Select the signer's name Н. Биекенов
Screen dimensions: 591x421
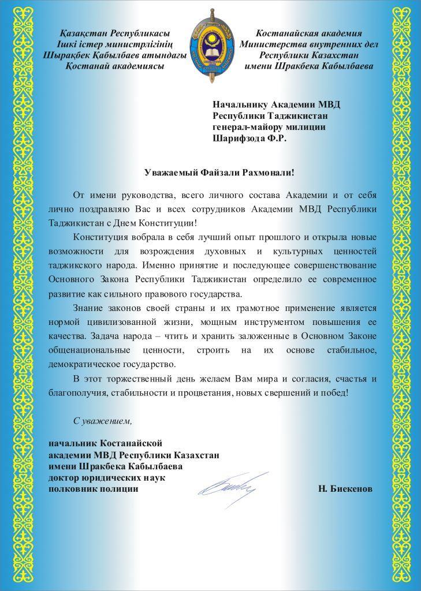[345, 489]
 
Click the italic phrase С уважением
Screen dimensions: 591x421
[103, 421]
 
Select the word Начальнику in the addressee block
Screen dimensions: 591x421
[239, 104]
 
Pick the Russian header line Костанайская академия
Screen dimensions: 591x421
[308, 33]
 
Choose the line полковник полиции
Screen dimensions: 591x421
[94, 489]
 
